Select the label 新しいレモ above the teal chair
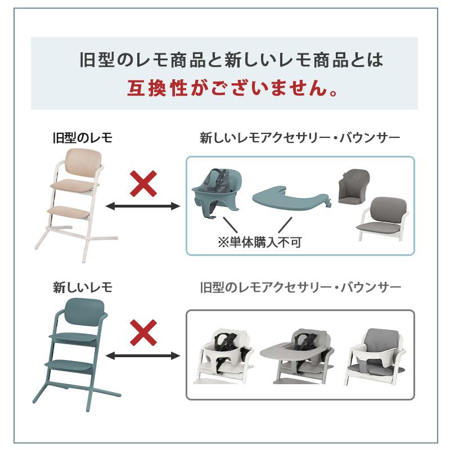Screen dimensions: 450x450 pyautogui.click(x=82, y=288)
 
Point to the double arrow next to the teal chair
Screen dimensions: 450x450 pyautogui.click(x=143, y=355)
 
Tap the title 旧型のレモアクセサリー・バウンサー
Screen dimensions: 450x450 pyautogui.click(x=300, y=288)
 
